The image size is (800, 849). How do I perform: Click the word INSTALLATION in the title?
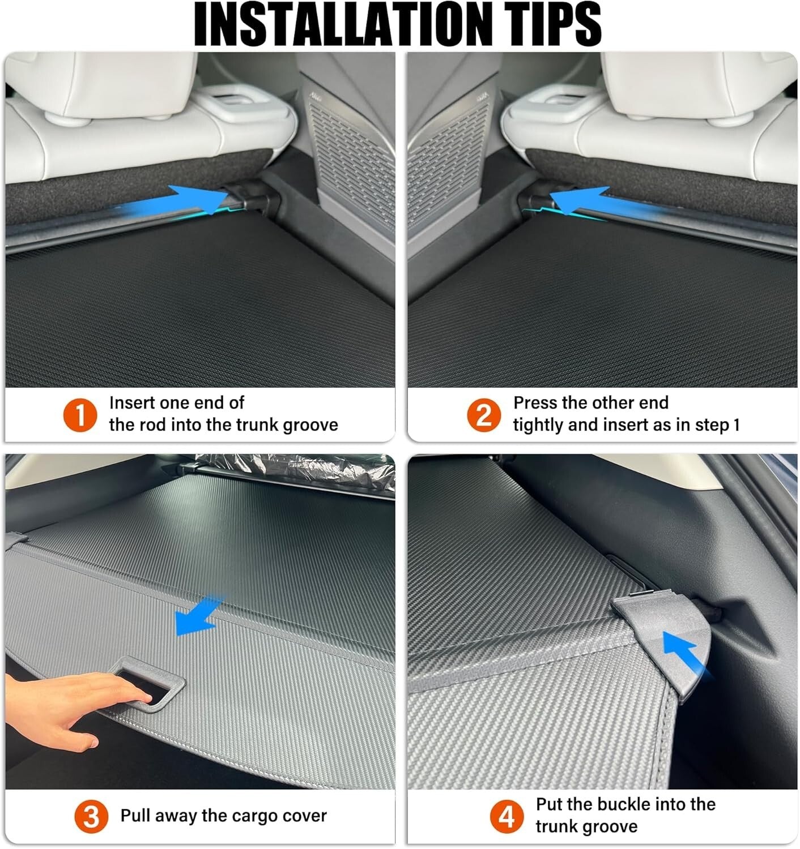[x=335, y=24]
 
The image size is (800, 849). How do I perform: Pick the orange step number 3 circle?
[x=91, y=817]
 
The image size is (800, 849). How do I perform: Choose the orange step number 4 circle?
[x=507, y=817]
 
